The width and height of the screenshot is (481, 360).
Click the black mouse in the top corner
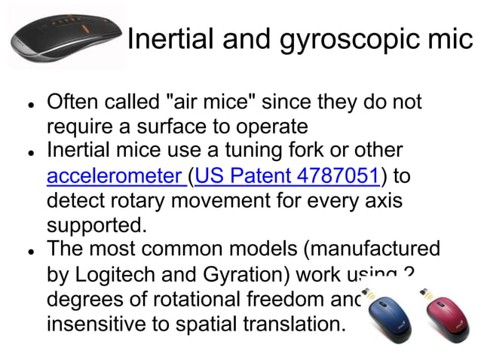click(x=64, y=37)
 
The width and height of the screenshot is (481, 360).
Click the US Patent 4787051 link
click(x=286, y=177)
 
